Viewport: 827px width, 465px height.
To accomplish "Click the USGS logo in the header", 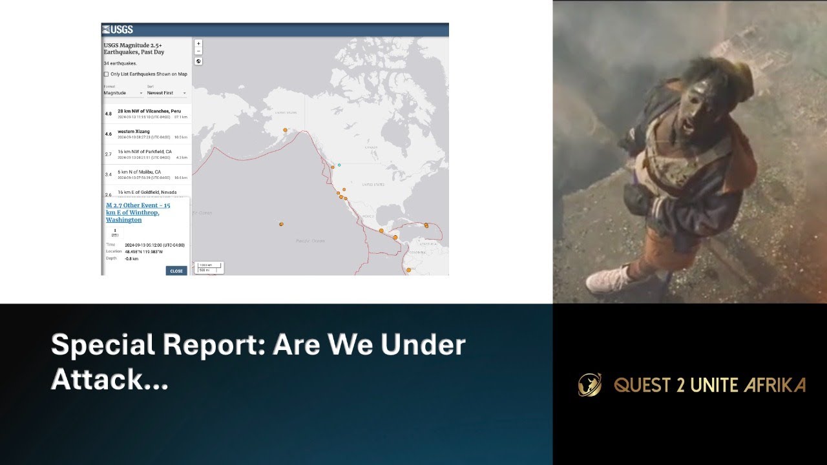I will point(118,30).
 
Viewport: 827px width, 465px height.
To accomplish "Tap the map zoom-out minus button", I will point(198,51).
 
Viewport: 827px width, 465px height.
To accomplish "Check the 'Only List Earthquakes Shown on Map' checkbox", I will point(106,74).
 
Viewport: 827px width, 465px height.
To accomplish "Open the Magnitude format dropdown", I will point(123,93).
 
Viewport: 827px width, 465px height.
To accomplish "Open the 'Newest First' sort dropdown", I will point(166,93).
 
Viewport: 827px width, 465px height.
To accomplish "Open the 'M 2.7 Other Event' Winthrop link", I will point(138,212).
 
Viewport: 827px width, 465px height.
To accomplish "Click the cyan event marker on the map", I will point(339,165).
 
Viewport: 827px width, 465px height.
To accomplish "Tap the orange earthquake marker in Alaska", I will point(285,130).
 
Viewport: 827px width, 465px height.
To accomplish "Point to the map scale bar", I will point(210,267).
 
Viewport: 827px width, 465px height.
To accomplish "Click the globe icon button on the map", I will point(198,61).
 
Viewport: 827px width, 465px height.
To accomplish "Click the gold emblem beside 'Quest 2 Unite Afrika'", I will point(589,385).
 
